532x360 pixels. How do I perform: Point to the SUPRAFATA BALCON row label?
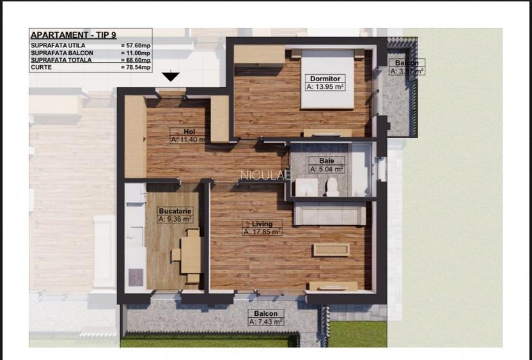(x=61, y=53)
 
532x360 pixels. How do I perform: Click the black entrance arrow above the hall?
(x=170, y=77)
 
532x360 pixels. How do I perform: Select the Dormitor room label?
(x=325, y=78)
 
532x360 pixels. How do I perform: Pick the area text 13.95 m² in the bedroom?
(x=325, y=86)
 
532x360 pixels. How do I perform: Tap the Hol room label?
(x=189, y=131)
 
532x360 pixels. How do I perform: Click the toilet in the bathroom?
(x=331, y=187)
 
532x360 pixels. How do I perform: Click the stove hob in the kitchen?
(x=136, y=276)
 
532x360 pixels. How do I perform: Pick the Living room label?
(x=262, y=224)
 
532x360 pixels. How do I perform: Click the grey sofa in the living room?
(x=329, y=214)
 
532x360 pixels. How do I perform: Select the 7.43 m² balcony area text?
(x=265, y=322)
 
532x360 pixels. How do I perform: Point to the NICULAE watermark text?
(x=265, y=174)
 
